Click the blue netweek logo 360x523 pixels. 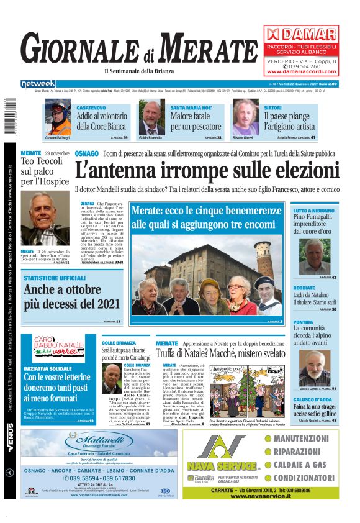click(x=38, y=84)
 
